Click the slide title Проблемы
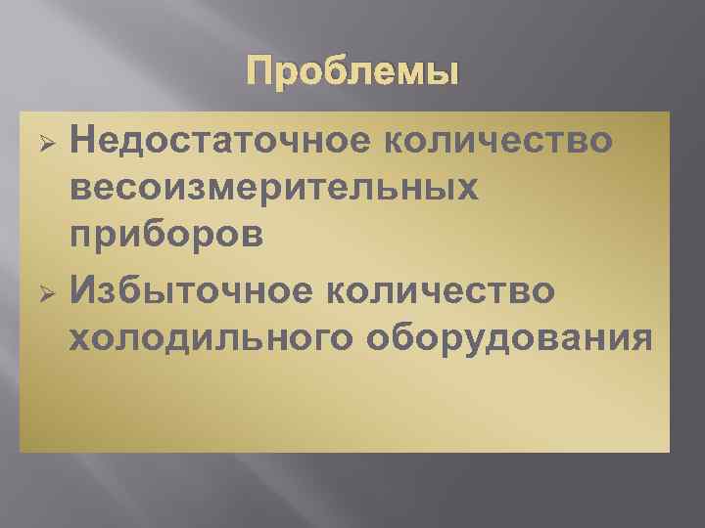[x=352, y=74]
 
